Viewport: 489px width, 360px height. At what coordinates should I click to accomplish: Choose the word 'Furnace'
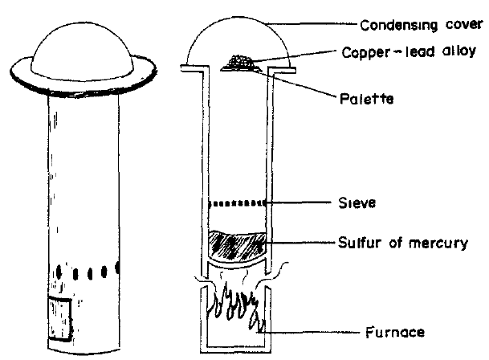(x=397, y=330)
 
